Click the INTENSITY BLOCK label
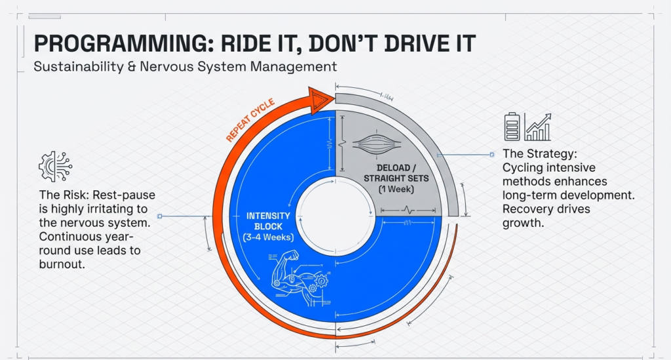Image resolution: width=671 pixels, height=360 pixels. click(x=268, y=220)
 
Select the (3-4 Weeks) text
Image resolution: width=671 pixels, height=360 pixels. click(x=268, y=237)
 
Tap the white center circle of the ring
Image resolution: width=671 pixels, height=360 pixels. click(x=335, y=216)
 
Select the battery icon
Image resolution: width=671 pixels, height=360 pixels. click(x=512, y=127)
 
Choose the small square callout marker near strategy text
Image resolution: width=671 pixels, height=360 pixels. click(x=491, y=155)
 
